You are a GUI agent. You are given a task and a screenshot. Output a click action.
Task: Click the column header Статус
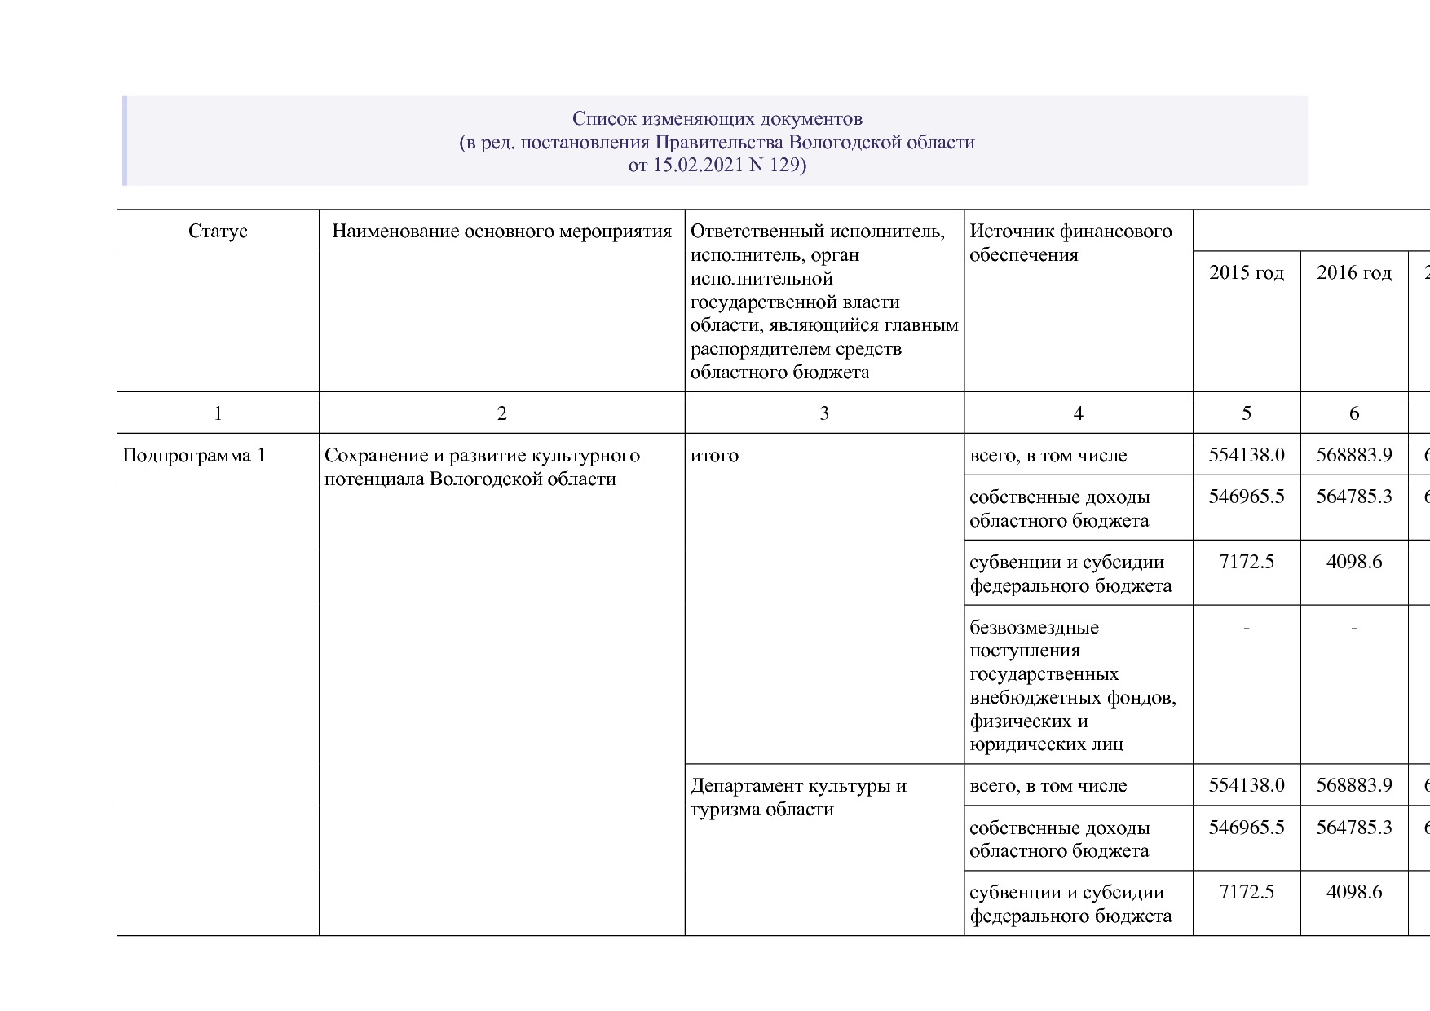218,232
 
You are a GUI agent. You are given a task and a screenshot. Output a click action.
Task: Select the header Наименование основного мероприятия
501,232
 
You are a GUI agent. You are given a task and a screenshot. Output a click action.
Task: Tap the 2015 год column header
1246,272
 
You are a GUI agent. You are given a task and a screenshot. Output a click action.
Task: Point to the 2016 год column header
1353,272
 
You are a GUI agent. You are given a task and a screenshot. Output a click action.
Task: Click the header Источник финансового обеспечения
1070,243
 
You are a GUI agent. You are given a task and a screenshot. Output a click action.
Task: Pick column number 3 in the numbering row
824,413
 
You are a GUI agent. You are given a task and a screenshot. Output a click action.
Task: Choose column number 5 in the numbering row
1246,413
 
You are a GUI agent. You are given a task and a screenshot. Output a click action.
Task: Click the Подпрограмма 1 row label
194,455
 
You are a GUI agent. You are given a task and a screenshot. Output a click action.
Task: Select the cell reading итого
714,455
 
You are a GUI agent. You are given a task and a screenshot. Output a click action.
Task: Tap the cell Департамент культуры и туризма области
798,797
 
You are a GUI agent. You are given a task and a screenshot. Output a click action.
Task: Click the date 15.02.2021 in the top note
699,166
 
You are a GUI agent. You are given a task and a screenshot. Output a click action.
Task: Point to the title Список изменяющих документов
717,119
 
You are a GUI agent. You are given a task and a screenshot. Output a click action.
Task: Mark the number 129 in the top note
785,166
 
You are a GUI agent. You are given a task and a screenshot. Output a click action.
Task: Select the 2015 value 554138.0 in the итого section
1246,455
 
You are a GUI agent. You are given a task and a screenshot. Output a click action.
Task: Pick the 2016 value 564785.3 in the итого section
1353,496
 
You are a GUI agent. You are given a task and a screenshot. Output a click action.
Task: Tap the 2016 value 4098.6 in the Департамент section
1353,892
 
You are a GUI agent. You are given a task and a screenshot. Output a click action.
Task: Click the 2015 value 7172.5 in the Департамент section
1246,892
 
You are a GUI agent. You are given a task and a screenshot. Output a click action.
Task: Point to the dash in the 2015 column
1246,628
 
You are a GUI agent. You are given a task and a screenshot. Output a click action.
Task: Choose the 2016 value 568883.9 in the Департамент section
1353,785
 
